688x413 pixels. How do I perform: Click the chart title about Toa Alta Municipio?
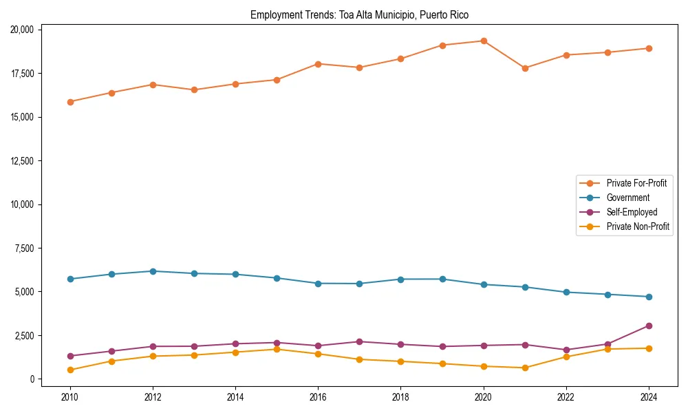pos(359,14)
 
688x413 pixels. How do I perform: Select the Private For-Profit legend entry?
pos(636,183)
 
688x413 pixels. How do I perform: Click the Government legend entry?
pos(627,198)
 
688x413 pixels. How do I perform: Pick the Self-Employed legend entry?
pos(632,212)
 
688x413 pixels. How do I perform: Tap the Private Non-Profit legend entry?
pos(638,226)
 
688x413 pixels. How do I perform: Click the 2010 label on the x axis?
pos(69,397)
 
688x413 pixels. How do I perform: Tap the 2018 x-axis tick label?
pos(400,397)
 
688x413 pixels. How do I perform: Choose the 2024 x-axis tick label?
pos(649,397)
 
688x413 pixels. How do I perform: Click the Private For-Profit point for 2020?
pos(484,41)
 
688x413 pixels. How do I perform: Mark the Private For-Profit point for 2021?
pos(525,68)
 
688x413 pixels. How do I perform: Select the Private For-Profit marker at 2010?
pos(69,102)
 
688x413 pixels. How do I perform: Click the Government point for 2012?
pos(153,271)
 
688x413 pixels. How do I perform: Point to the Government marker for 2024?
pos(649,297)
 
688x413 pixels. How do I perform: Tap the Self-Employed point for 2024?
pos(649,326)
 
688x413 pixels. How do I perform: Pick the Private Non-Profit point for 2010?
pos(69,370)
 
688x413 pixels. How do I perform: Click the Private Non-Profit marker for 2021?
pos(525,368)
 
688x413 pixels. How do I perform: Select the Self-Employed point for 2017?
pos(359,341)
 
